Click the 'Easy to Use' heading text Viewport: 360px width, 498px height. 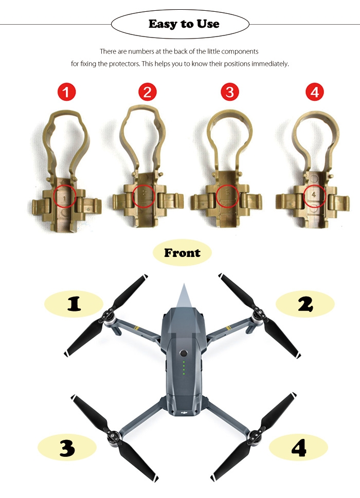(184, 24)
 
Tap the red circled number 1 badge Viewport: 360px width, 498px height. (66, 92)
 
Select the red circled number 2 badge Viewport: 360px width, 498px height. (148, 92)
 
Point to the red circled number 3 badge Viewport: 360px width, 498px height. (230, 92)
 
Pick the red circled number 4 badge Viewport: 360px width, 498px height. (315, 92)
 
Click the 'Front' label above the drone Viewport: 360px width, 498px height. (182, 253)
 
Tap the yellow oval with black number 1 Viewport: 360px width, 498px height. (74, 304)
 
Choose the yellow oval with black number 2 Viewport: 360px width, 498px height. (305, 304)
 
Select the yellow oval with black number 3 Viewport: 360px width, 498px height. (67, 448)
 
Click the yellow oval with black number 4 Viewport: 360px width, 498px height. (298, 448)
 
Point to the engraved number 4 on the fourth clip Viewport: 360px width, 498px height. (314, 194)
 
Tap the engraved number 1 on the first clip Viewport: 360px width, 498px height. (64, 198)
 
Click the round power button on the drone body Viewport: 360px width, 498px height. (183, 353)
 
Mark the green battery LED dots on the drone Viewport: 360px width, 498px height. (184, 367)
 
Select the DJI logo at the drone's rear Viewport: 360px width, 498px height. (184, 413)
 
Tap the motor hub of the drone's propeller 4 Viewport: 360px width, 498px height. (254, 437)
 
